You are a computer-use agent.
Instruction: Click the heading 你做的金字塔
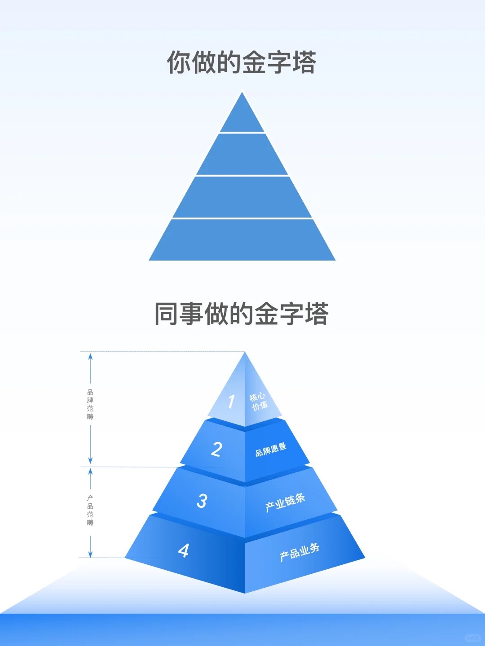coord(242,62)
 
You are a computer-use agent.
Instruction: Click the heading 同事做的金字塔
coord(242,314)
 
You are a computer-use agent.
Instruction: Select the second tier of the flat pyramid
coord(242,155)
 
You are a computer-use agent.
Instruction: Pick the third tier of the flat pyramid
coord(242,197)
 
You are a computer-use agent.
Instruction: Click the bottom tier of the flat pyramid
coord(242,240)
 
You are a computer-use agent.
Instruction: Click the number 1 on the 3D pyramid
coord(231,402)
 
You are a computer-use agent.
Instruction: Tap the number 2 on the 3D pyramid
coord(217,449)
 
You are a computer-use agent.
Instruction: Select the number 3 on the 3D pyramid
coord(202,501)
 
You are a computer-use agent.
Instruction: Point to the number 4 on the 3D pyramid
coord(183,550)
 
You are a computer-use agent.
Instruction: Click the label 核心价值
coord(259,402)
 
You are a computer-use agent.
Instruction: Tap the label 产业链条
coord(285,502)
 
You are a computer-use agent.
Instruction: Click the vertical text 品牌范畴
coord(90,404)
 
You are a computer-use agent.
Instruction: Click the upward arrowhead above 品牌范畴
coord(90,356)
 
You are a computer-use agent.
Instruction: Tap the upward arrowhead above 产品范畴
coord(90,471)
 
